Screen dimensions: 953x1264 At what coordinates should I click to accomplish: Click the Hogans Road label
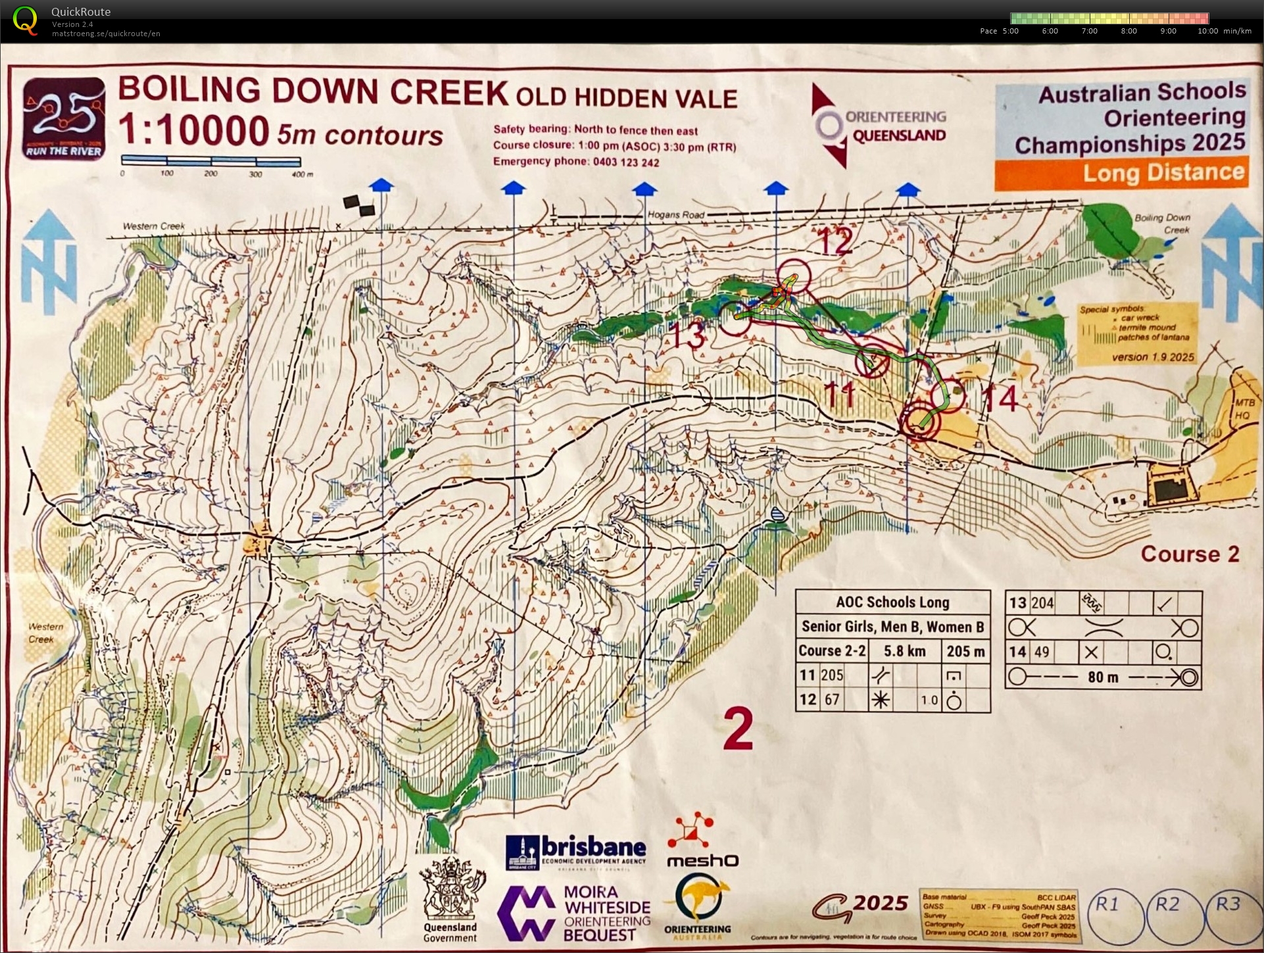click(x=675, y=215)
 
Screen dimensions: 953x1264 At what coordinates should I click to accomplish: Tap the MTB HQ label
click(x=1242, y=410)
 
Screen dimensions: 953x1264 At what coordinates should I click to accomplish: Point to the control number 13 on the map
click(x=687, y=335)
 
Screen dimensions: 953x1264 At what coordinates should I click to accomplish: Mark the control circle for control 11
click(x=873, y=360)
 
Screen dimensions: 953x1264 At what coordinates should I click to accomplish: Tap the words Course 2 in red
click(x=1190, y=554)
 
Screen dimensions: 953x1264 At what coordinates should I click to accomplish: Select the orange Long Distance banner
click(x=1121, y=174)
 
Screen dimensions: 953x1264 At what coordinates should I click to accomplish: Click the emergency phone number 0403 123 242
click(x=625, y=162)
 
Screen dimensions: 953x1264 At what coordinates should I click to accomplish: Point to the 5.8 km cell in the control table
click(x=904, y=651)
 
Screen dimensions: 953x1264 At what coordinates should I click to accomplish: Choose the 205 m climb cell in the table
click(x=965, y=651)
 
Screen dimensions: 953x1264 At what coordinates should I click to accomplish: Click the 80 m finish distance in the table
click(x=1103, y=677)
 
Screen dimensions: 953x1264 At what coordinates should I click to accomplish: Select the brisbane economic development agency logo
click(x=575, y=852)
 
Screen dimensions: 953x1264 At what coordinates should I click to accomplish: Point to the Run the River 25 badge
click(x=64, y=118)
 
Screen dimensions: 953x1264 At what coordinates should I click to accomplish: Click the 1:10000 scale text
click(x=194, y=130)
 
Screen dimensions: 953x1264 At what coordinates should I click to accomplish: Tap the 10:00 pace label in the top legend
click(x=1207, y=31)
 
